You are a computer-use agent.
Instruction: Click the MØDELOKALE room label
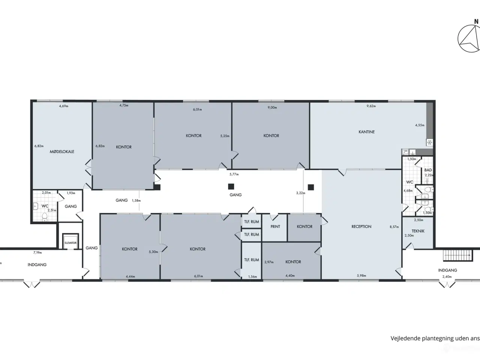(x=62, y=151)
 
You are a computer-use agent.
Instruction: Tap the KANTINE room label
(x=366, y=132)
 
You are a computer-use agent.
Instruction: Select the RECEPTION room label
(x=361, y=226)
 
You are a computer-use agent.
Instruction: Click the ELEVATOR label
(x=70, y=243)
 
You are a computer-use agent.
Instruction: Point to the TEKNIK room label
(x=418, y=231)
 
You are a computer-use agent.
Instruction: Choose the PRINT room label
(x=275, y=226)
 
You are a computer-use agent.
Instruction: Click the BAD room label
(x=428, y=170)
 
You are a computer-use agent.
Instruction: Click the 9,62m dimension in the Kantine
(x=371, y=106)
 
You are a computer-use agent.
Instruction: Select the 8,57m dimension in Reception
(x=394, y=226)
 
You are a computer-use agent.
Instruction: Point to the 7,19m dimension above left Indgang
(x=37, y=253)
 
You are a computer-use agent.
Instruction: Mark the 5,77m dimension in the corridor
(x=234, y=174)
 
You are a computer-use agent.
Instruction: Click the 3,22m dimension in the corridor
(x=301, y=193)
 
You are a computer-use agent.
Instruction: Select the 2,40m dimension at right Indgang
(x=447, y=277)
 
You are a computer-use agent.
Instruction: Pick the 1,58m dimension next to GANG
(x=136, y=200)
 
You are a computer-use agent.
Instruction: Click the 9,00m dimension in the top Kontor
(x=272, y=108)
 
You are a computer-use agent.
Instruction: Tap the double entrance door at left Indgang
(x=32, y=284)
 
